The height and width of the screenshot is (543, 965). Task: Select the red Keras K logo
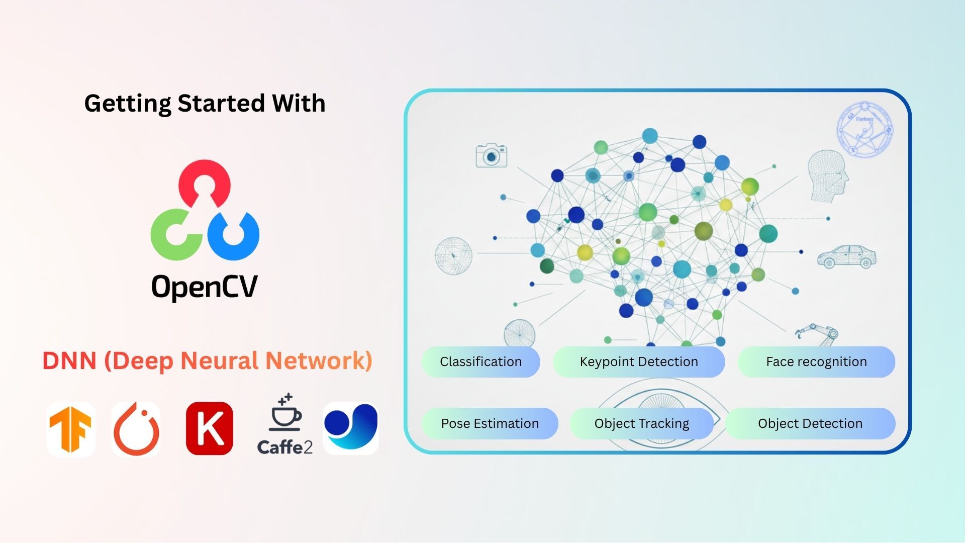[x=210, y=429]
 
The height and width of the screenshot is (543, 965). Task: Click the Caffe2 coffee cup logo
[x=285, y=425]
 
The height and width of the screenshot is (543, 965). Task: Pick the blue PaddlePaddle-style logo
[x=351, y=428]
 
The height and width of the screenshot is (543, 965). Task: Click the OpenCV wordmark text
[x=205, y=287]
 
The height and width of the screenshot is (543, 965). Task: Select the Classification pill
[x=480, y=361]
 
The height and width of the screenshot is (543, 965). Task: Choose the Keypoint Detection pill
[x=639, y=361]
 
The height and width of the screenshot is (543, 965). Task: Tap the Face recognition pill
[x=816, y=361]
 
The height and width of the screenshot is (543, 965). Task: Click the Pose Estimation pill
[x=490, y=423]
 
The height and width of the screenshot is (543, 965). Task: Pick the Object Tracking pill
[x=641, y=423]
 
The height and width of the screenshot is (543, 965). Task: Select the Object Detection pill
[x=810, y=423]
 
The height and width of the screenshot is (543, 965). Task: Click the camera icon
[x=491, y=156]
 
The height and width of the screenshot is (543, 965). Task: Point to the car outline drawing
[x=847, y=257]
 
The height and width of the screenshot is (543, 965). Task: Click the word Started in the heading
[x=221, y=104]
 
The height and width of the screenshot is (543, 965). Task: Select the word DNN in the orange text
[x=69, y=361]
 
